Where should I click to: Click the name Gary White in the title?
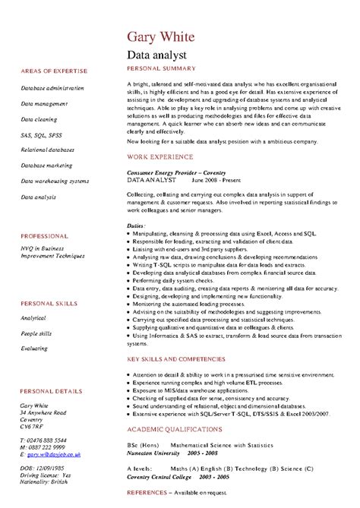click(161, 37)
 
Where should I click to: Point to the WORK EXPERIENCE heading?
click(159, 156)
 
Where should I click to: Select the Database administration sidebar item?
click(52, 88)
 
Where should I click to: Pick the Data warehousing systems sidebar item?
click(55, 181)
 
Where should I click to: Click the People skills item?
click(36, 312)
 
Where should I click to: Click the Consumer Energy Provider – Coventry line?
click(166, 172)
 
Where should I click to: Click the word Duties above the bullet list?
click(136, 226)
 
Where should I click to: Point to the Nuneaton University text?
click(154, 451)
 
